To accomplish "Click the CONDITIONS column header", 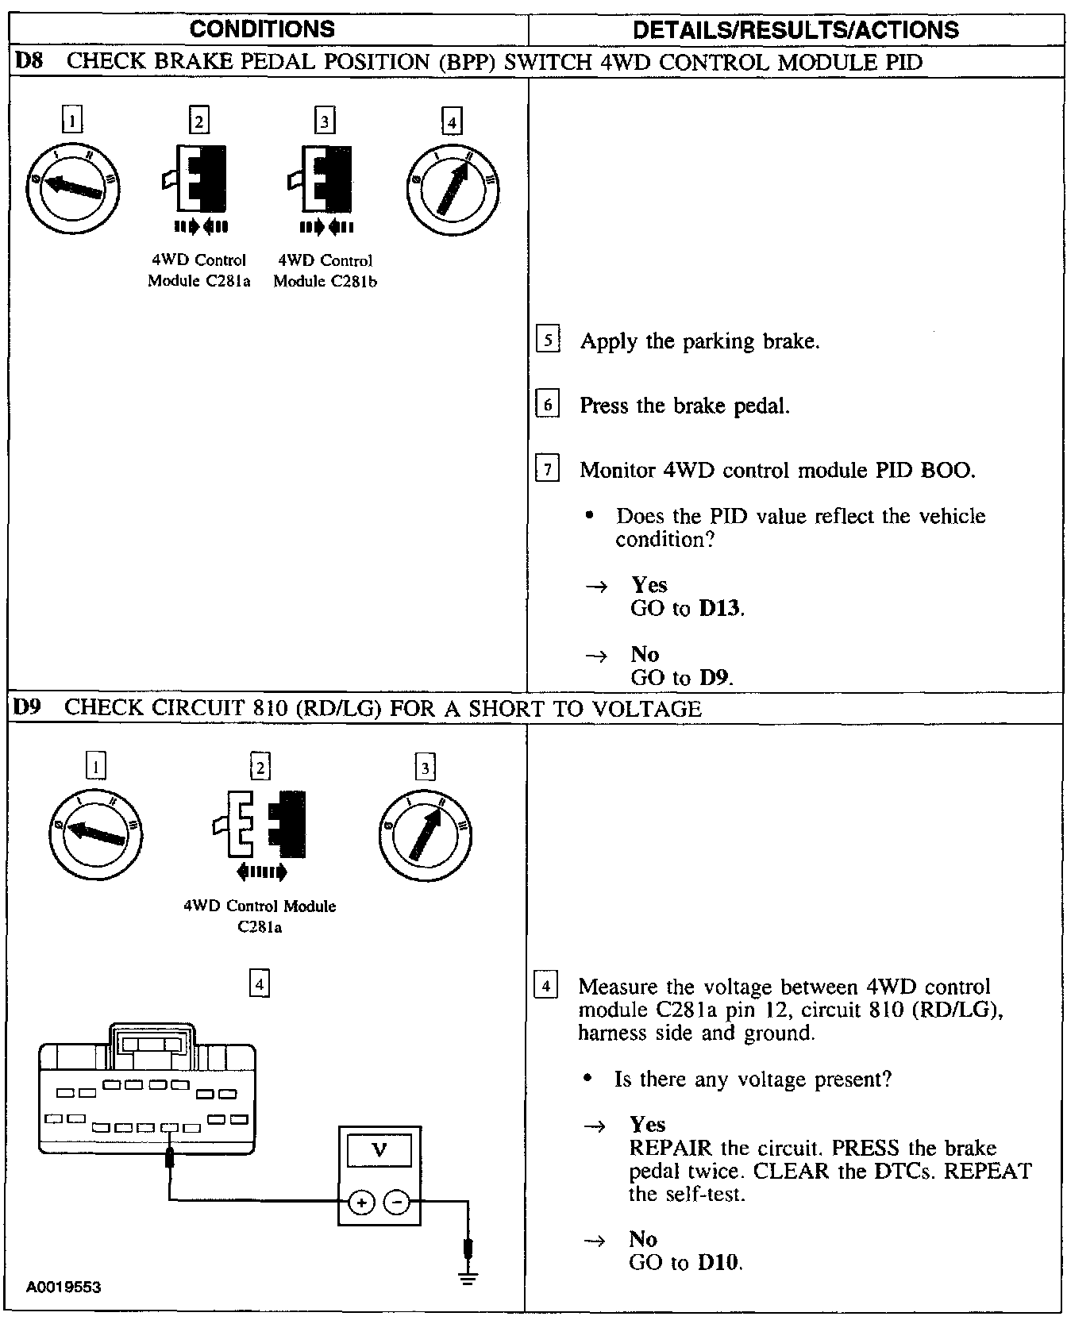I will click(x=263, y=29).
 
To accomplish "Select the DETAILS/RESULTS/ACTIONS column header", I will click(x=795, y=30).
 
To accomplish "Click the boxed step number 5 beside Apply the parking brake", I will click(x=549, y=341).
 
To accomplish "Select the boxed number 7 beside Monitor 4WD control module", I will click(x=549, y=469).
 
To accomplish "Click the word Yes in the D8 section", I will click(x=649, y=585).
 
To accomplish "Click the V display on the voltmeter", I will click(x=379, y=1150).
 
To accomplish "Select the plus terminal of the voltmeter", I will click(x=361, y=1203).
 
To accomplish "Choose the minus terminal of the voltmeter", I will click(x=397, y=1203).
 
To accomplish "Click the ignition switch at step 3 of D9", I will click(x=426, y=833).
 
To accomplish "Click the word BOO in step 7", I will click(x=946, y=470).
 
